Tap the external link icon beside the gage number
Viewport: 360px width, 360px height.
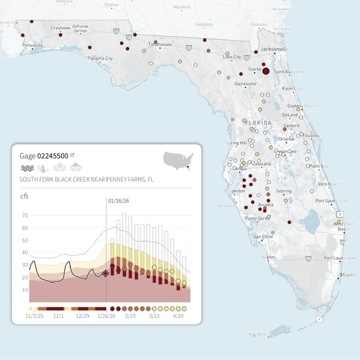coord(73,155)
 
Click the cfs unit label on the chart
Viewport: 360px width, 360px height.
coord(25,196)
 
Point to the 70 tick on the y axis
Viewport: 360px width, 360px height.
coord(24,215)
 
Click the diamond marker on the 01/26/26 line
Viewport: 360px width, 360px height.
coord(106,273)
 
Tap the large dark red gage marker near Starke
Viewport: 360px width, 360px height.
coord(266,71)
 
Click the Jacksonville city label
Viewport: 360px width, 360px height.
coord(274,49)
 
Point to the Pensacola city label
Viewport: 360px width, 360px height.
coord(32,45)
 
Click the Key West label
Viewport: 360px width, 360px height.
coord(257,334)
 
